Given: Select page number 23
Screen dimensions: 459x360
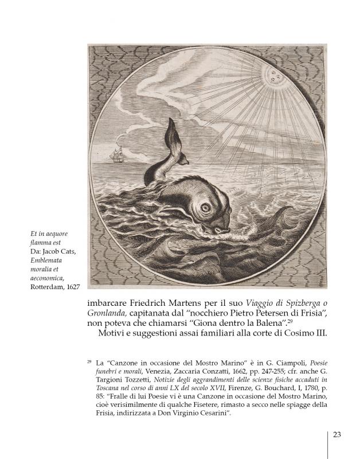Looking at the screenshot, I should (x=337, y=434).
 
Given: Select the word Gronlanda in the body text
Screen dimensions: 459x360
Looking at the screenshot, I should (x=107, y=313).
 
